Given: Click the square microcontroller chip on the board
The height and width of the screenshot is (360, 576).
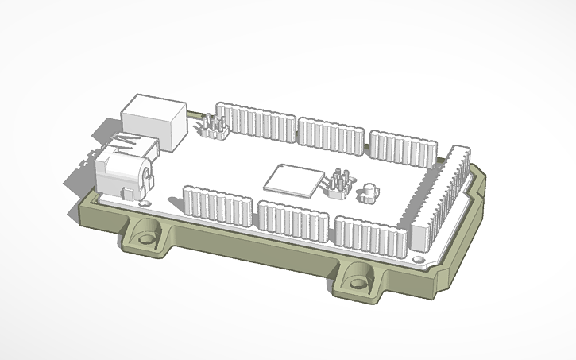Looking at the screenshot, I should (x=293, y=180).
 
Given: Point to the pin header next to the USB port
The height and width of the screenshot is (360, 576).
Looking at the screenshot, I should (x=213, y=126).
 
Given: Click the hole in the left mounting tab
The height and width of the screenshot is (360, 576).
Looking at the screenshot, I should (x=146, y=238).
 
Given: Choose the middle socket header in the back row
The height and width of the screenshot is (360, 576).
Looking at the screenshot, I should (x=331, y=134).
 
